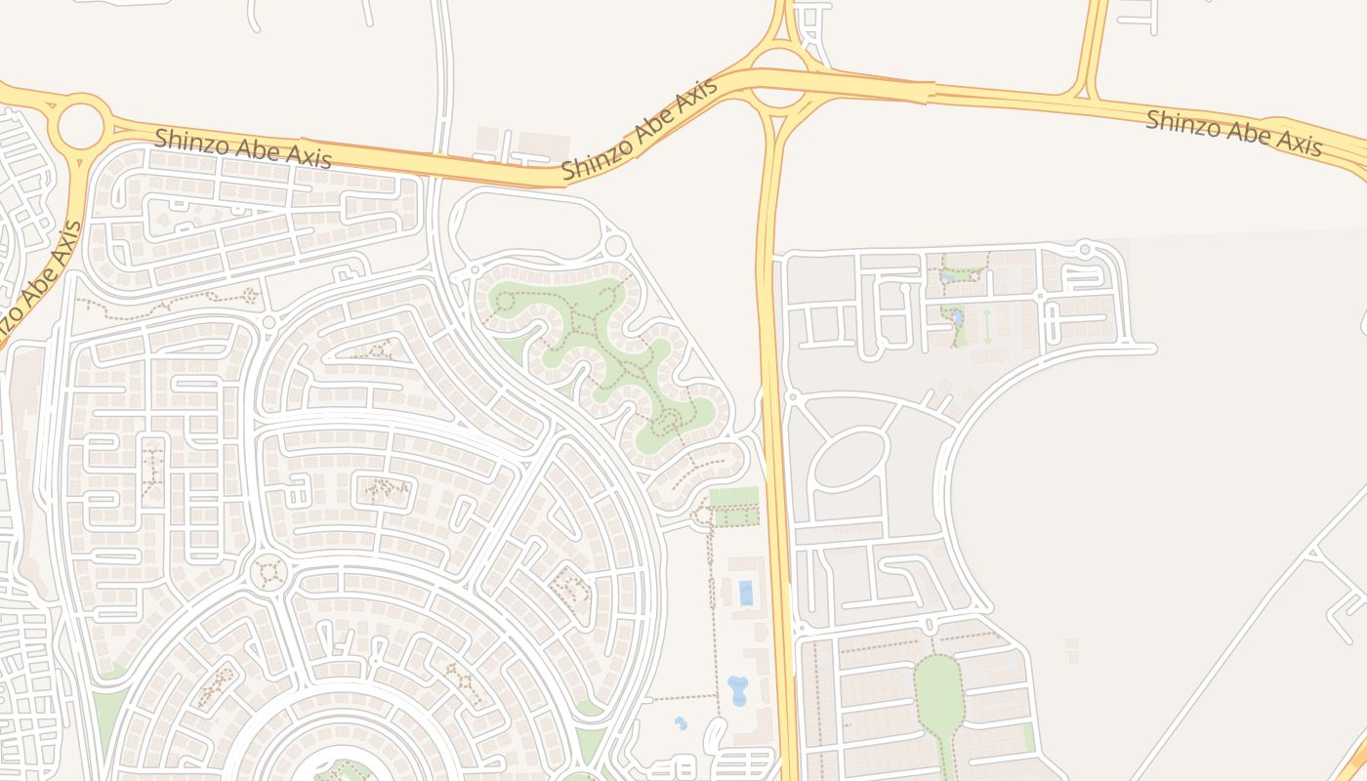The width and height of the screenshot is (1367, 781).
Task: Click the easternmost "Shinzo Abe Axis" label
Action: point(1233,133)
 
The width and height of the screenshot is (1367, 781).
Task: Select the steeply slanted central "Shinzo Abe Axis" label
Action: point(640,129)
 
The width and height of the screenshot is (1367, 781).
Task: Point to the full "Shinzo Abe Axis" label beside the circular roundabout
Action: point(242,150)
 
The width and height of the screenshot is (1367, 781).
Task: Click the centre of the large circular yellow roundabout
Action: point(81,126)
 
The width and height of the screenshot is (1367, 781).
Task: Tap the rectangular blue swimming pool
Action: point(746,593)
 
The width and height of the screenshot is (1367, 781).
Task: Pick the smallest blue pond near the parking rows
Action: point(681,723)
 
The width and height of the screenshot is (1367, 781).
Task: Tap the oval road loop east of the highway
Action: point(849,460)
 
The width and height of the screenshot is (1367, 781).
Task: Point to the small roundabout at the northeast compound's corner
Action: point(1084,250)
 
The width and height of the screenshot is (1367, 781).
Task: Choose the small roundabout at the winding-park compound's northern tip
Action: point(615,244)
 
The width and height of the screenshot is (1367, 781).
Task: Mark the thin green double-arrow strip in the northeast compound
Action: point(986,325)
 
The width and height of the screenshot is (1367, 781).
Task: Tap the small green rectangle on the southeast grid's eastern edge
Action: point(1029,738)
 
